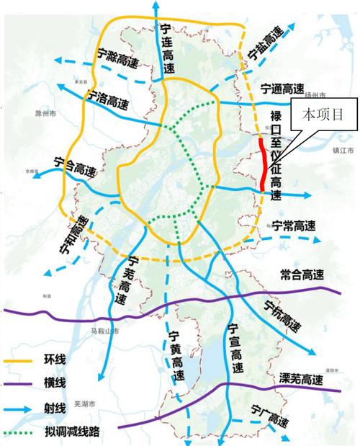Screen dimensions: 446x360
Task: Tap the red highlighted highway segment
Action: click(x=264, y=160)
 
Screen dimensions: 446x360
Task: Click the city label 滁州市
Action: click(x=46, y=114)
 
